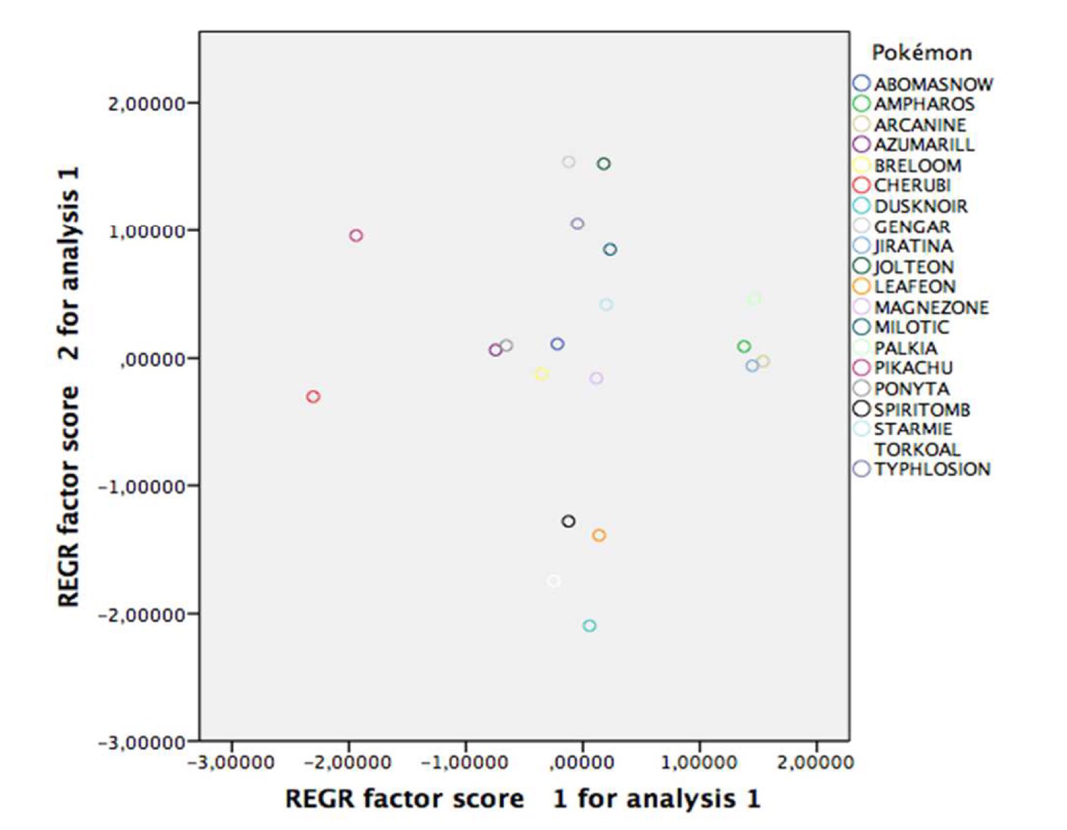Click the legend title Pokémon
[x=921, y=53]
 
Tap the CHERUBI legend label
[x=912, y=185]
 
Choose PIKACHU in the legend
[x=913, y=368]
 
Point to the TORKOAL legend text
[x=917, y=449]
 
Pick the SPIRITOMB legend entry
[x=921, y=409]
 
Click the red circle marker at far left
[x=313, y=396]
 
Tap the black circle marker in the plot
[x=568, y=521]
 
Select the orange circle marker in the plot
[x=599, y=535]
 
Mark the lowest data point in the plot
[x=589, y=626]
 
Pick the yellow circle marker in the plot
[x=542, y=374]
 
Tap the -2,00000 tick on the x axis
[x=348, y=763]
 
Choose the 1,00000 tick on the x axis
[x=699, y=763]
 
